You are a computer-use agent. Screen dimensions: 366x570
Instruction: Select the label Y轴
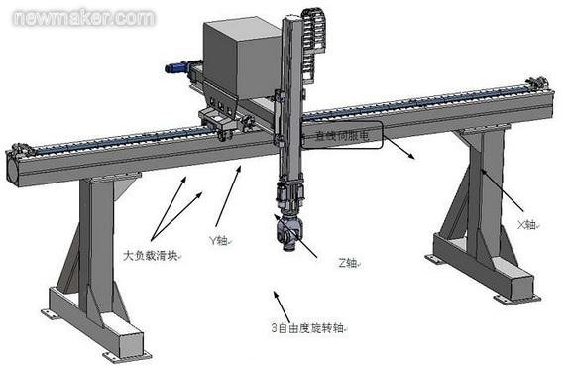pyautogui.click(x=219, y=239)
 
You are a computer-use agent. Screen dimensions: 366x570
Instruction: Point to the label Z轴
pyautogui.click(x=348, y=263)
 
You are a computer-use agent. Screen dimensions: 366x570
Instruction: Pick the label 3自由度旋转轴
pyautogui.click(x=306, y=327)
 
